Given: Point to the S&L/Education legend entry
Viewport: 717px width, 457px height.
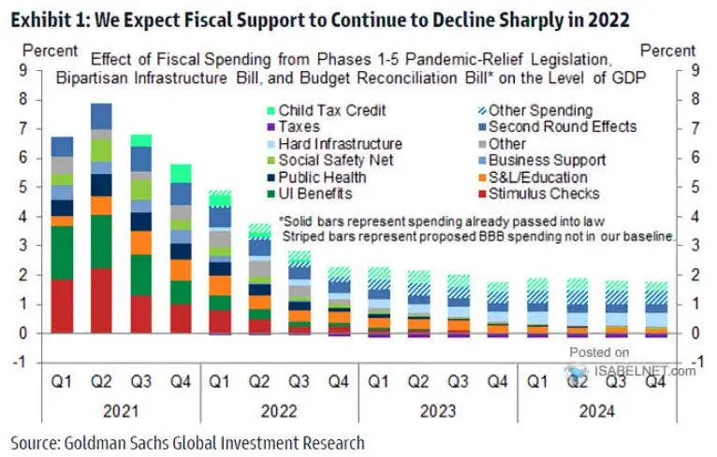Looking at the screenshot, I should click(537, 177).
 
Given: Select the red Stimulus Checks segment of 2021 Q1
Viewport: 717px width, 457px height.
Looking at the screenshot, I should click(63, 306).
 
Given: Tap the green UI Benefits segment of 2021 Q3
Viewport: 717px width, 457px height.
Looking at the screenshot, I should click(140, 275).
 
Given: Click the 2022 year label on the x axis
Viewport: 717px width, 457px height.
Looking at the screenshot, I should click(277, 409).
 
